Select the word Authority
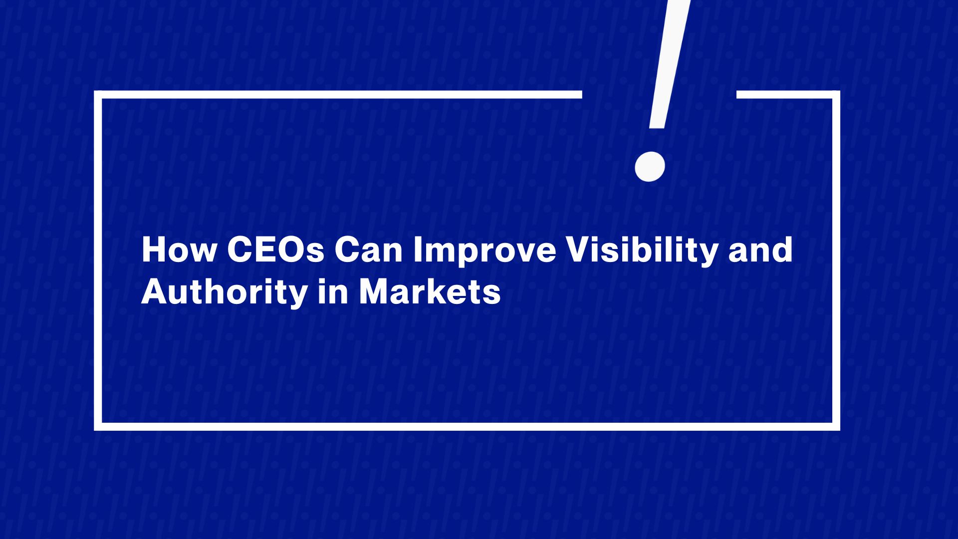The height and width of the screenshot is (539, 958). (224, 293)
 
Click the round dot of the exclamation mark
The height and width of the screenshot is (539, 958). (650, 166)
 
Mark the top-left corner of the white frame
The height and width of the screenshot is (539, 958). (98, 95)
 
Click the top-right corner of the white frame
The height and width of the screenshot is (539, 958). (836, 95)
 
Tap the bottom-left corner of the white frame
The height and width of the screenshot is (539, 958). (98, 427)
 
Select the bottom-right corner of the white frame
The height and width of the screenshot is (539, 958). (836, 427)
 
